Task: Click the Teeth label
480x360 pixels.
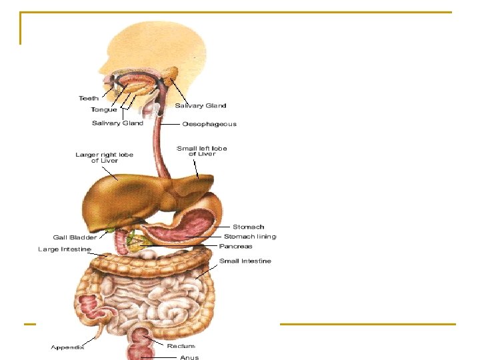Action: point(89,99)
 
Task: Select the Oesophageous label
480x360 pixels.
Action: point(209,124)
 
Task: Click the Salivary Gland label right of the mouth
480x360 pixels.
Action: point(201,105)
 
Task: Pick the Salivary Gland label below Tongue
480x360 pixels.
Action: point(117,123)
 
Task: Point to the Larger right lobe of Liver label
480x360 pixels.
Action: point(104,158)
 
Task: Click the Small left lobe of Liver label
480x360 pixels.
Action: point(202,151)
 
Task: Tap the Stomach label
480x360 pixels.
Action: point(248,227)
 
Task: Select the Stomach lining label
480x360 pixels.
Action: point(250,236)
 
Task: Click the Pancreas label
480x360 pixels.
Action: point(236,246)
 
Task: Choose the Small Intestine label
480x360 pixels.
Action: point(245,261)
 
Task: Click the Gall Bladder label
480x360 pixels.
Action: point(75,237)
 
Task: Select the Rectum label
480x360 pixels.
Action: point(181,346)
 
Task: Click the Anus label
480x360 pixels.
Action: point(189,357)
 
